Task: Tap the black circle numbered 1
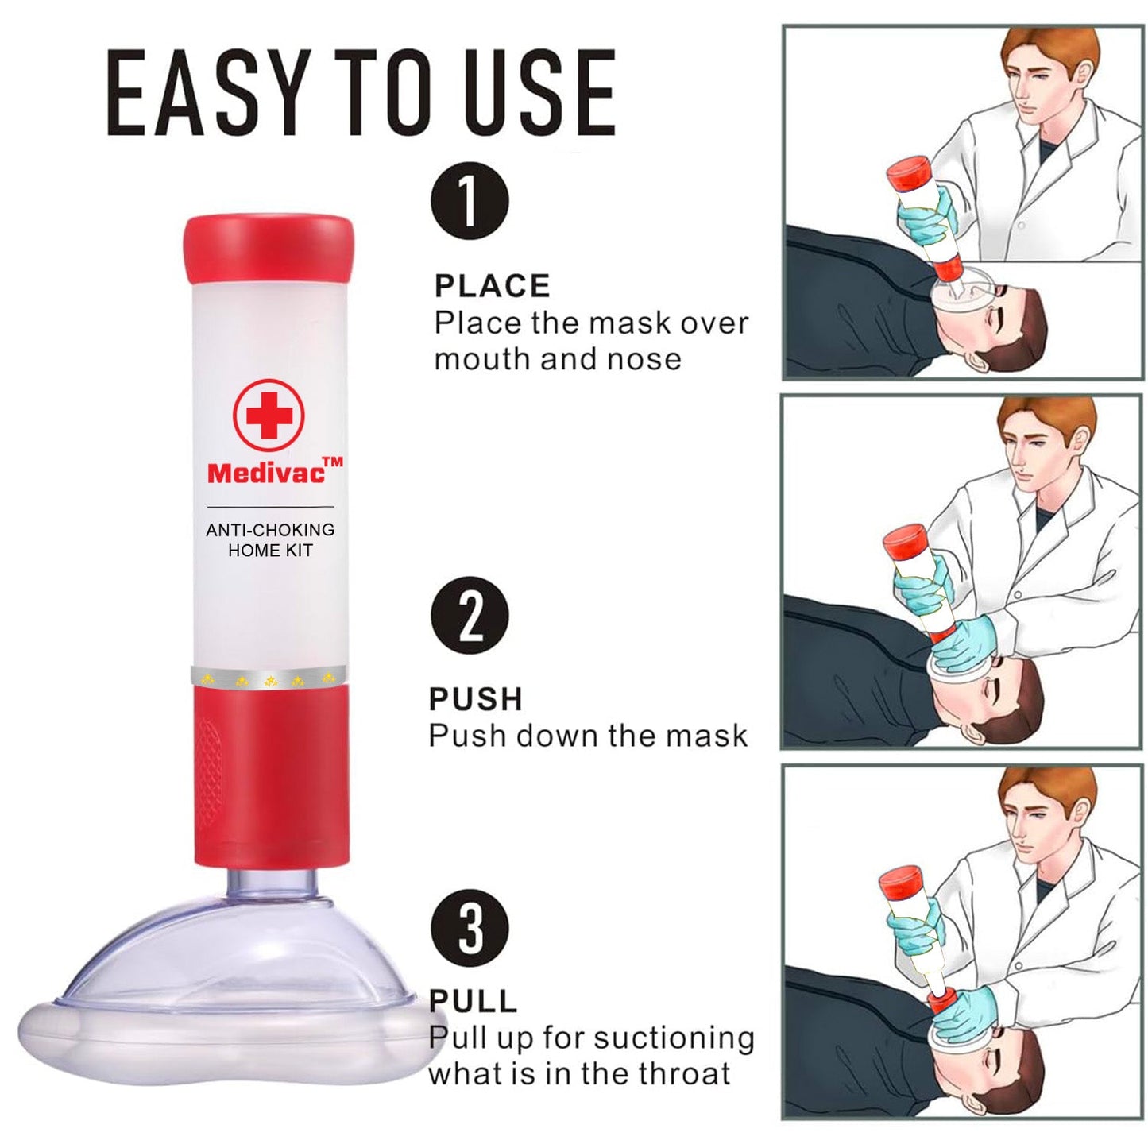[x=470, y=201]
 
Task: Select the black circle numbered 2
[x=470, y=616]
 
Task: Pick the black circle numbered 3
[x=470, y=927]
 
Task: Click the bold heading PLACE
[x=492, y=286]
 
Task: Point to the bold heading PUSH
[x=475, y=699]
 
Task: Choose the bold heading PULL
[x=473, y=1001]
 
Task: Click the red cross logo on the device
[x=269, y=414]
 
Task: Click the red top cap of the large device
[x=269, y=249]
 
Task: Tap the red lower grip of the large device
[x=270, y=775]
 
